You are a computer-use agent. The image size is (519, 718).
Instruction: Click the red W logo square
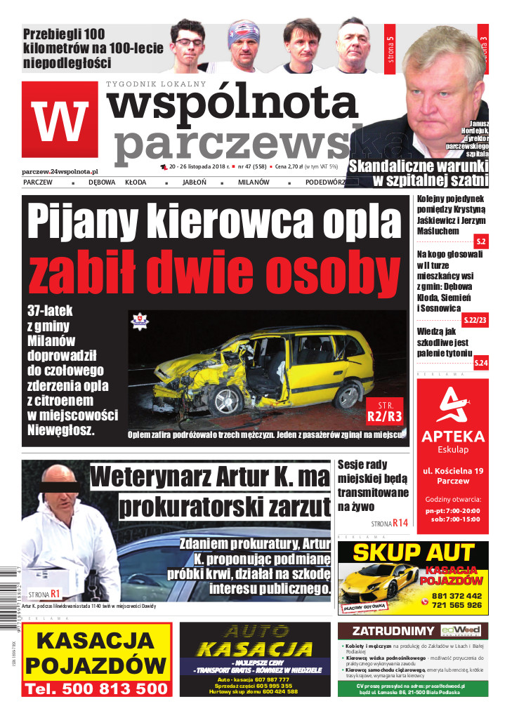(x=59, y=120)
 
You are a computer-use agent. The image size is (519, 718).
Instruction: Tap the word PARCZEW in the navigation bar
(x=38, y=182)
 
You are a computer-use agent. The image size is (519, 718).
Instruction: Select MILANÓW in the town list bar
(x=255, y=182)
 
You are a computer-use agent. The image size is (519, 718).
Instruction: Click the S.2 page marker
(x=481, y=241)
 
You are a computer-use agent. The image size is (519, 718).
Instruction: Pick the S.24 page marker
(x=481, y=362)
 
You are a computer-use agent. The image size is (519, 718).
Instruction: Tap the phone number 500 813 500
(x=96, y=689)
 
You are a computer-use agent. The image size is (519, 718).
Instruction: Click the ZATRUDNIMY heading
(x=387, y=630)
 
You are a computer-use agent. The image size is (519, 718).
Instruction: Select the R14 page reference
(x=400, y=523)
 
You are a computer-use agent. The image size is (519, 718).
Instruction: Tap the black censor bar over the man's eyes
(x=61, y=488)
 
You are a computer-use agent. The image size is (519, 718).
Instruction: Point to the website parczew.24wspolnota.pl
(x=60, y=171)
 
